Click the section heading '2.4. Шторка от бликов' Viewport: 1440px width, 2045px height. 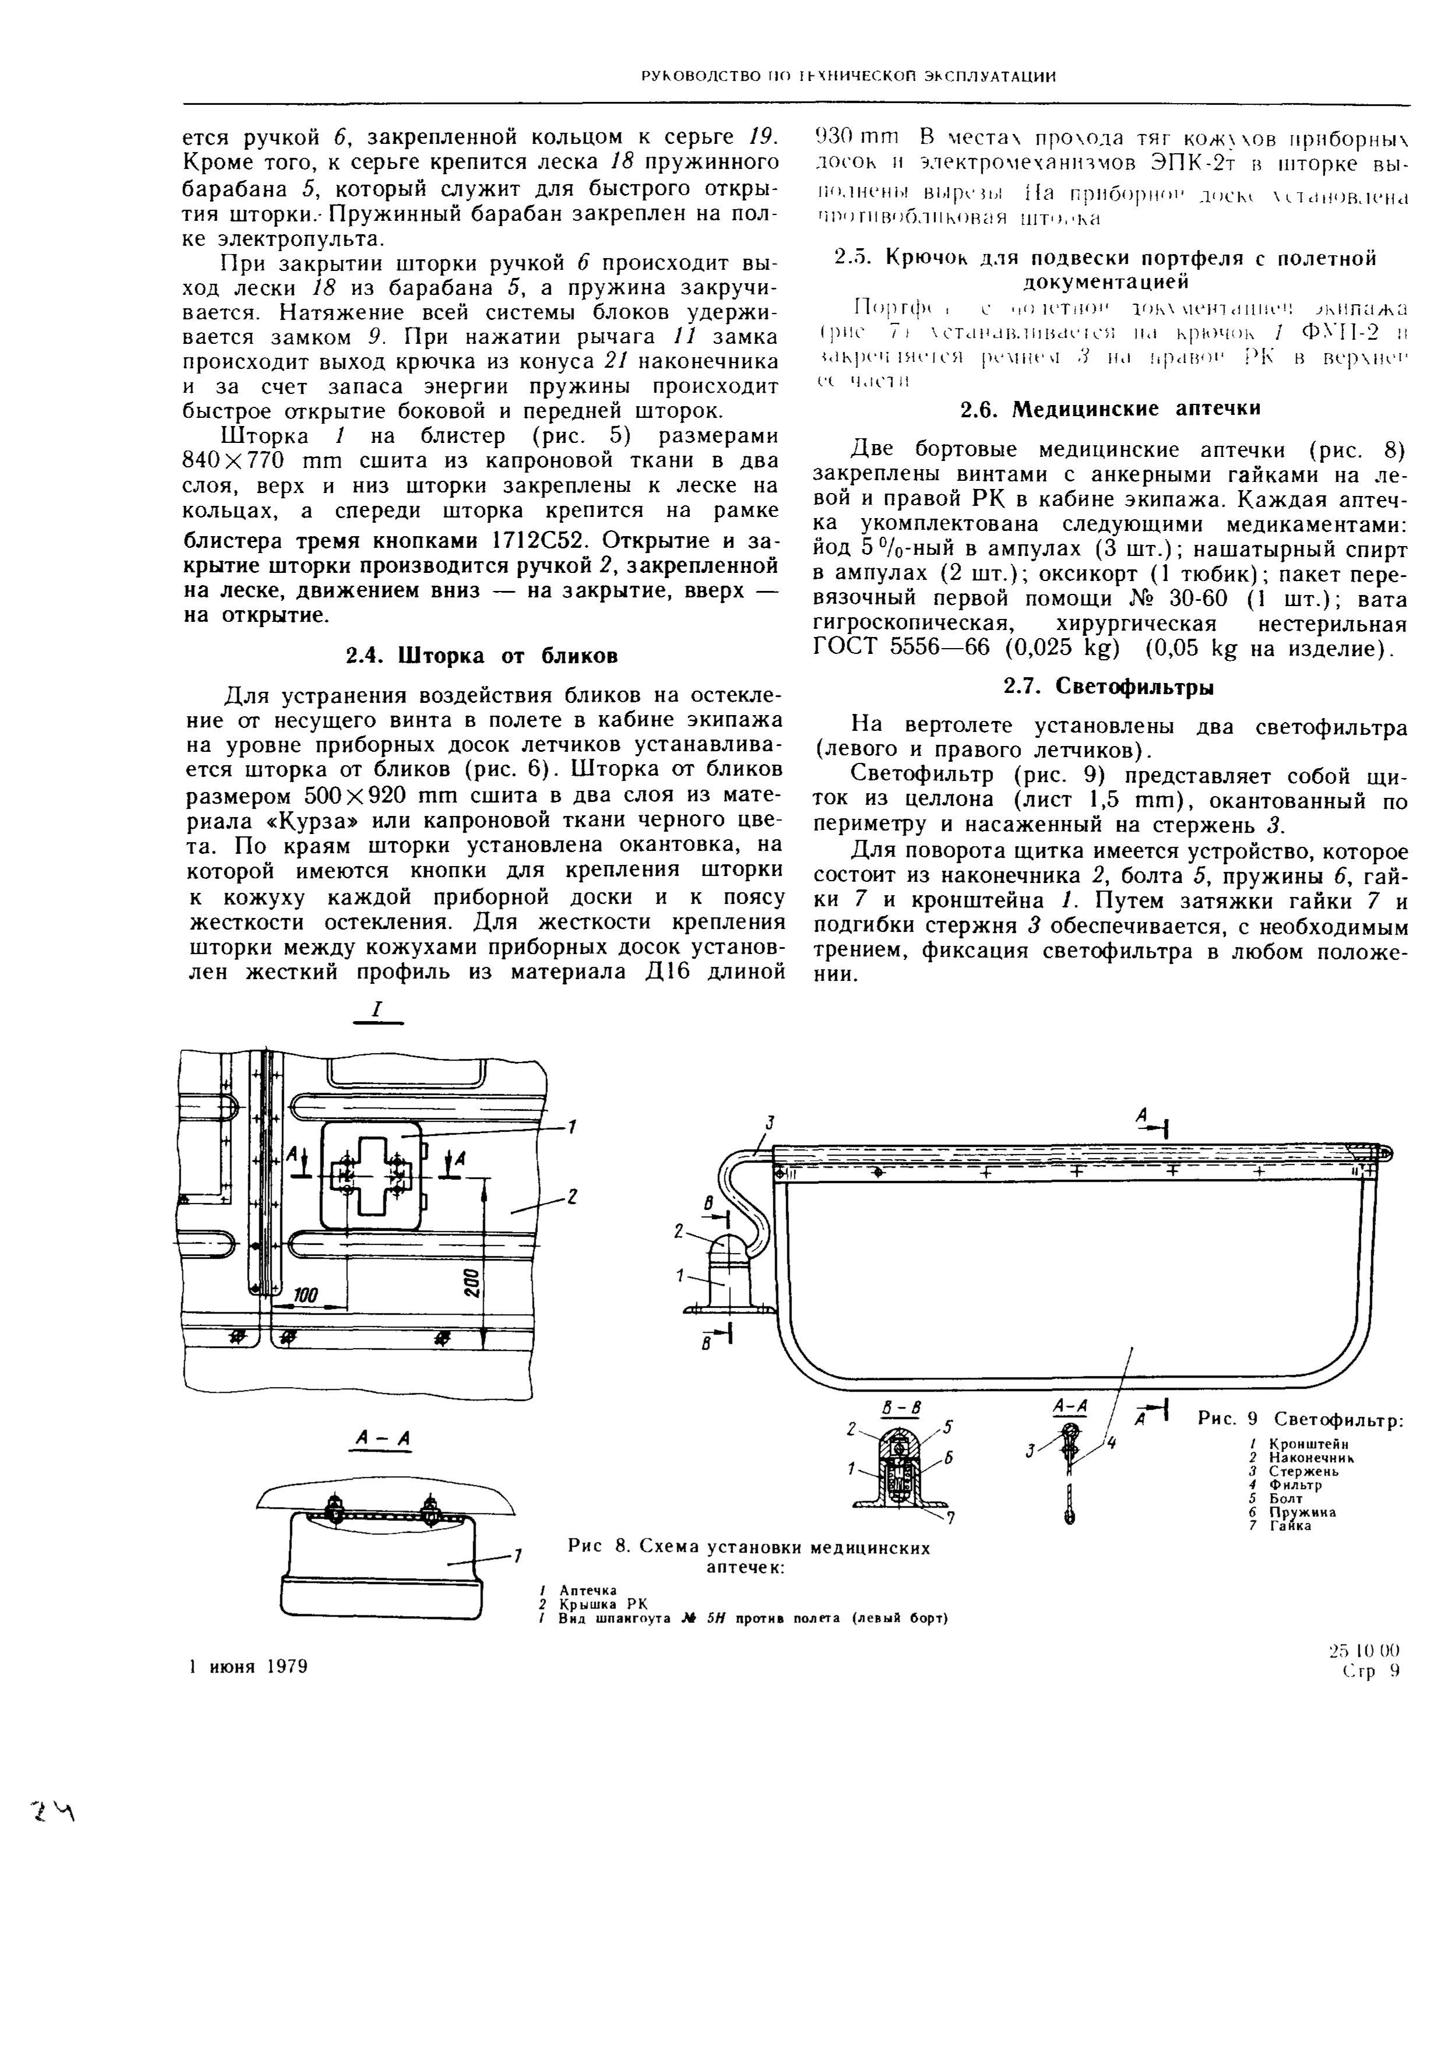point(481,656)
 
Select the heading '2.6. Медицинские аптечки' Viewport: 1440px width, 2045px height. point(1111,409)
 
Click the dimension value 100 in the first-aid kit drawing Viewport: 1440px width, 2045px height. point(305,1296)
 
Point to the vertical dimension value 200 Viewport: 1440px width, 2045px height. point(471,1282)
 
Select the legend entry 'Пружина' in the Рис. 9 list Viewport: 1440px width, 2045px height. point(1302,1512)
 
